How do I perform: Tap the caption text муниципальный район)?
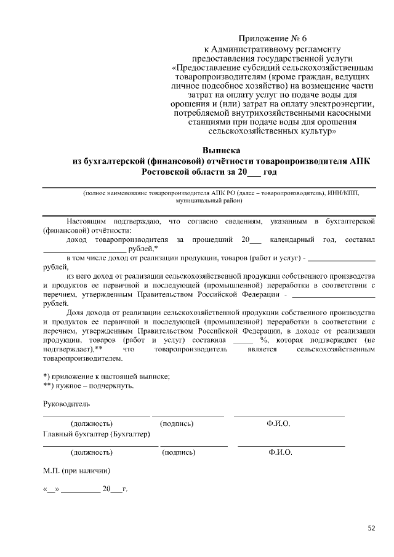(x=209, y=201)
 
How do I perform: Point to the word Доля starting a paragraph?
(x=76, y=312)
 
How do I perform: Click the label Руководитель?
(x=66, y=404)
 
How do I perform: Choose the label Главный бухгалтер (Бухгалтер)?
(x=97, y=435)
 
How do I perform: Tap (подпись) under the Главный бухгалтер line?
(x=179, y=453)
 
